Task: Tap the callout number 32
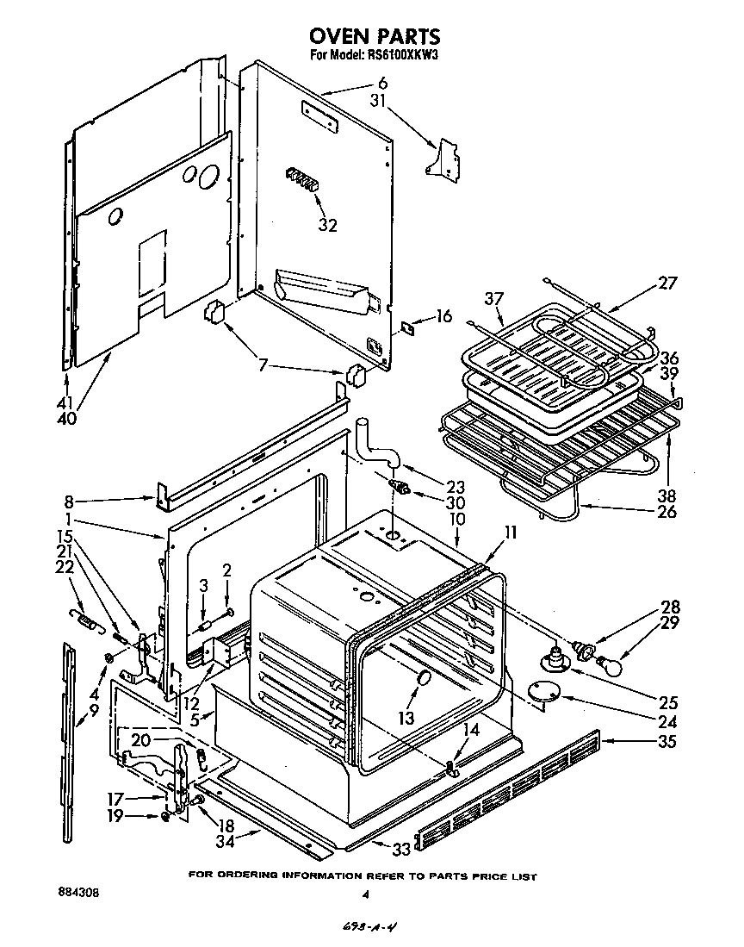pos(327,226)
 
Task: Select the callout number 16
pos(443,316)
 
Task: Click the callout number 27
pos(668,283)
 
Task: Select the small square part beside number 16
pos(409,327)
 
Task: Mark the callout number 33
pos(400,849)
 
